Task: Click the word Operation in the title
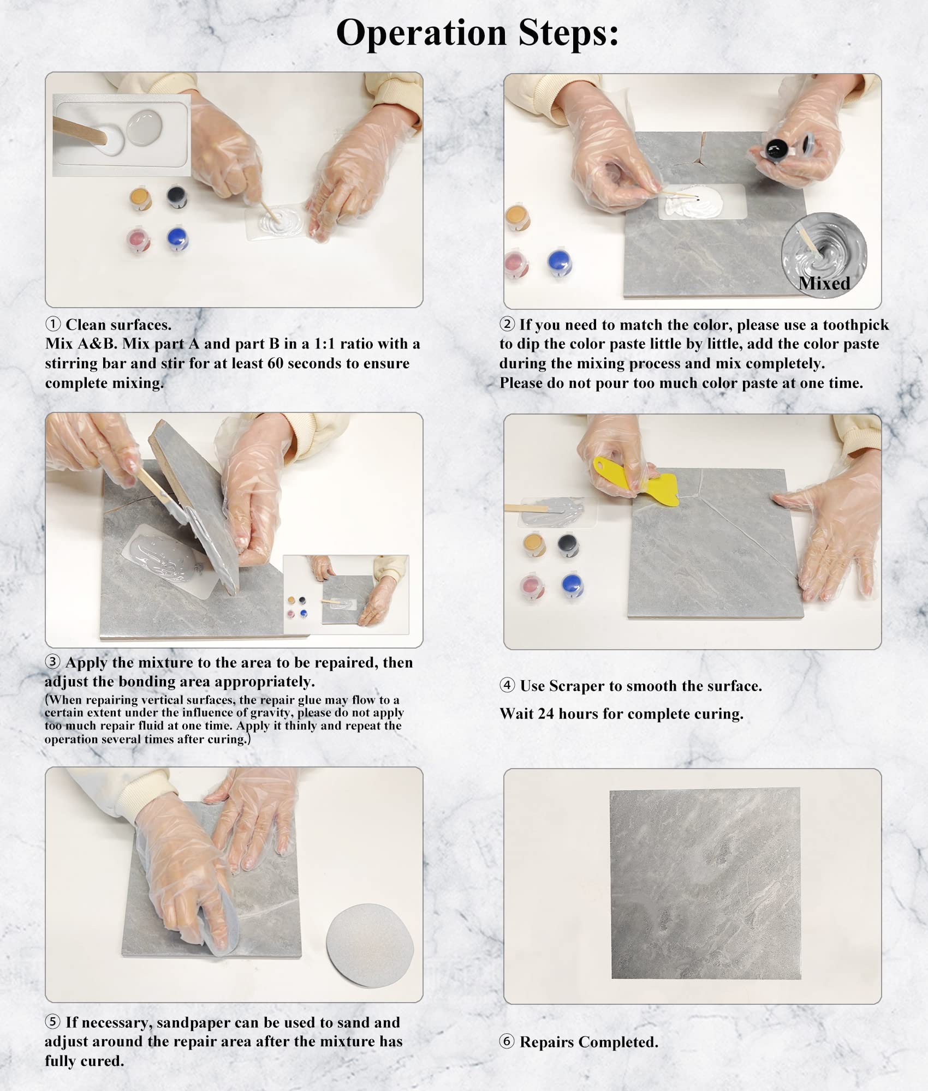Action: click(421, 33)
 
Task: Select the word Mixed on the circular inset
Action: click(824, 283)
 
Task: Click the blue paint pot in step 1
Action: click(177, 239)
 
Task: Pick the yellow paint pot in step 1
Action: click(141, 199)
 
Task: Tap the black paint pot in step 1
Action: click(177, 196)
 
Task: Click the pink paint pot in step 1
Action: click(139, 241)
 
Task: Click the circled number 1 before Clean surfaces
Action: click(53, 325)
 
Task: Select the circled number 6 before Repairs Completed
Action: click(507, 1041)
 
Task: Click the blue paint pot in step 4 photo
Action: click(572, 585)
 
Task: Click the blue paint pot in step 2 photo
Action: click(559, 262)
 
